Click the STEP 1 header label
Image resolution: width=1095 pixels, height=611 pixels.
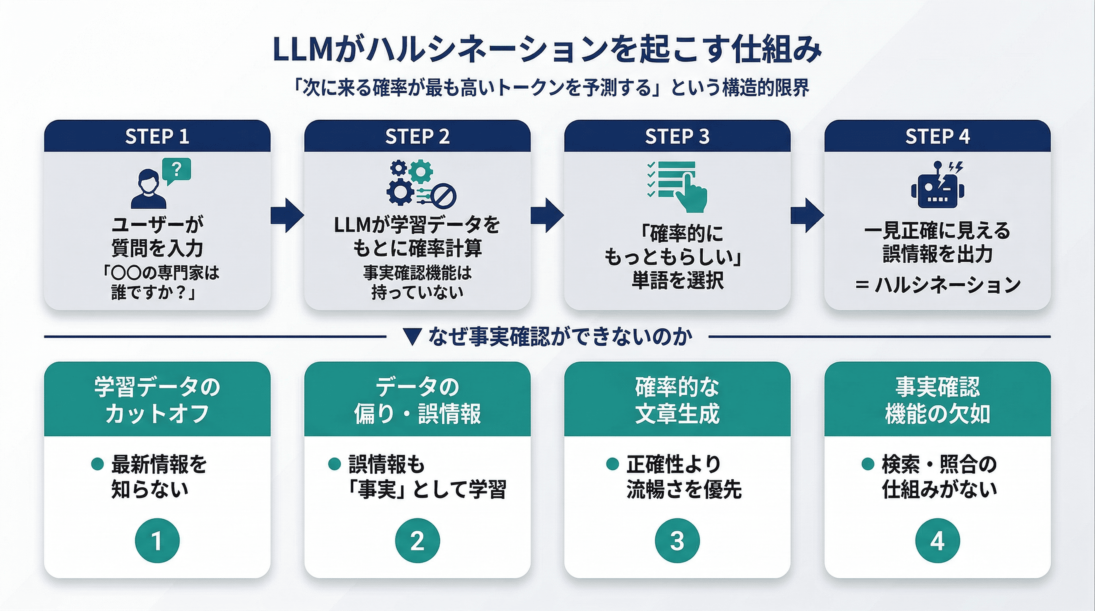(157, 136)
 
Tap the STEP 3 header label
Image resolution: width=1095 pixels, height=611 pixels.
(677, 136)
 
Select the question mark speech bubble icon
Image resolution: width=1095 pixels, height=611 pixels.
(177, 171)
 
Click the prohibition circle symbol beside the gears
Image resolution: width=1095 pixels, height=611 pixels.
(444, 196)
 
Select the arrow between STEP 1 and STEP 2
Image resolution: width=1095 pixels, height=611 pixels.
(287, 215)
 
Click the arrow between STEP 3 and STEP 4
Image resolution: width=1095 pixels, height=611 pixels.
(807, 215)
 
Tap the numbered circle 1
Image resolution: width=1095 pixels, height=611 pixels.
(157, 541)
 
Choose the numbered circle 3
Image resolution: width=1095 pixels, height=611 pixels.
(677, 541)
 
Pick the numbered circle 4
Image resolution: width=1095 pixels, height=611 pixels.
(937, 541)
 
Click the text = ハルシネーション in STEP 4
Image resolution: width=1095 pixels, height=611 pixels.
(937, 285)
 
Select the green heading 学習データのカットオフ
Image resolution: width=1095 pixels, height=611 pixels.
(157, 399)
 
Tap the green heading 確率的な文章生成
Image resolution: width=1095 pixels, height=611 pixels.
(677, 399)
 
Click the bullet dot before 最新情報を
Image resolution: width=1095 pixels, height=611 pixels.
(97, 464)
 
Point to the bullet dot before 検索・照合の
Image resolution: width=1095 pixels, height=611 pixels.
(867, 464)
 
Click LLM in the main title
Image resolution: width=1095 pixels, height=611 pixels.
(302, 50)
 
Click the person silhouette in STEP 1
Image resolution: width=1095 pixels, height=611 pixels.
(148, 189)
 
